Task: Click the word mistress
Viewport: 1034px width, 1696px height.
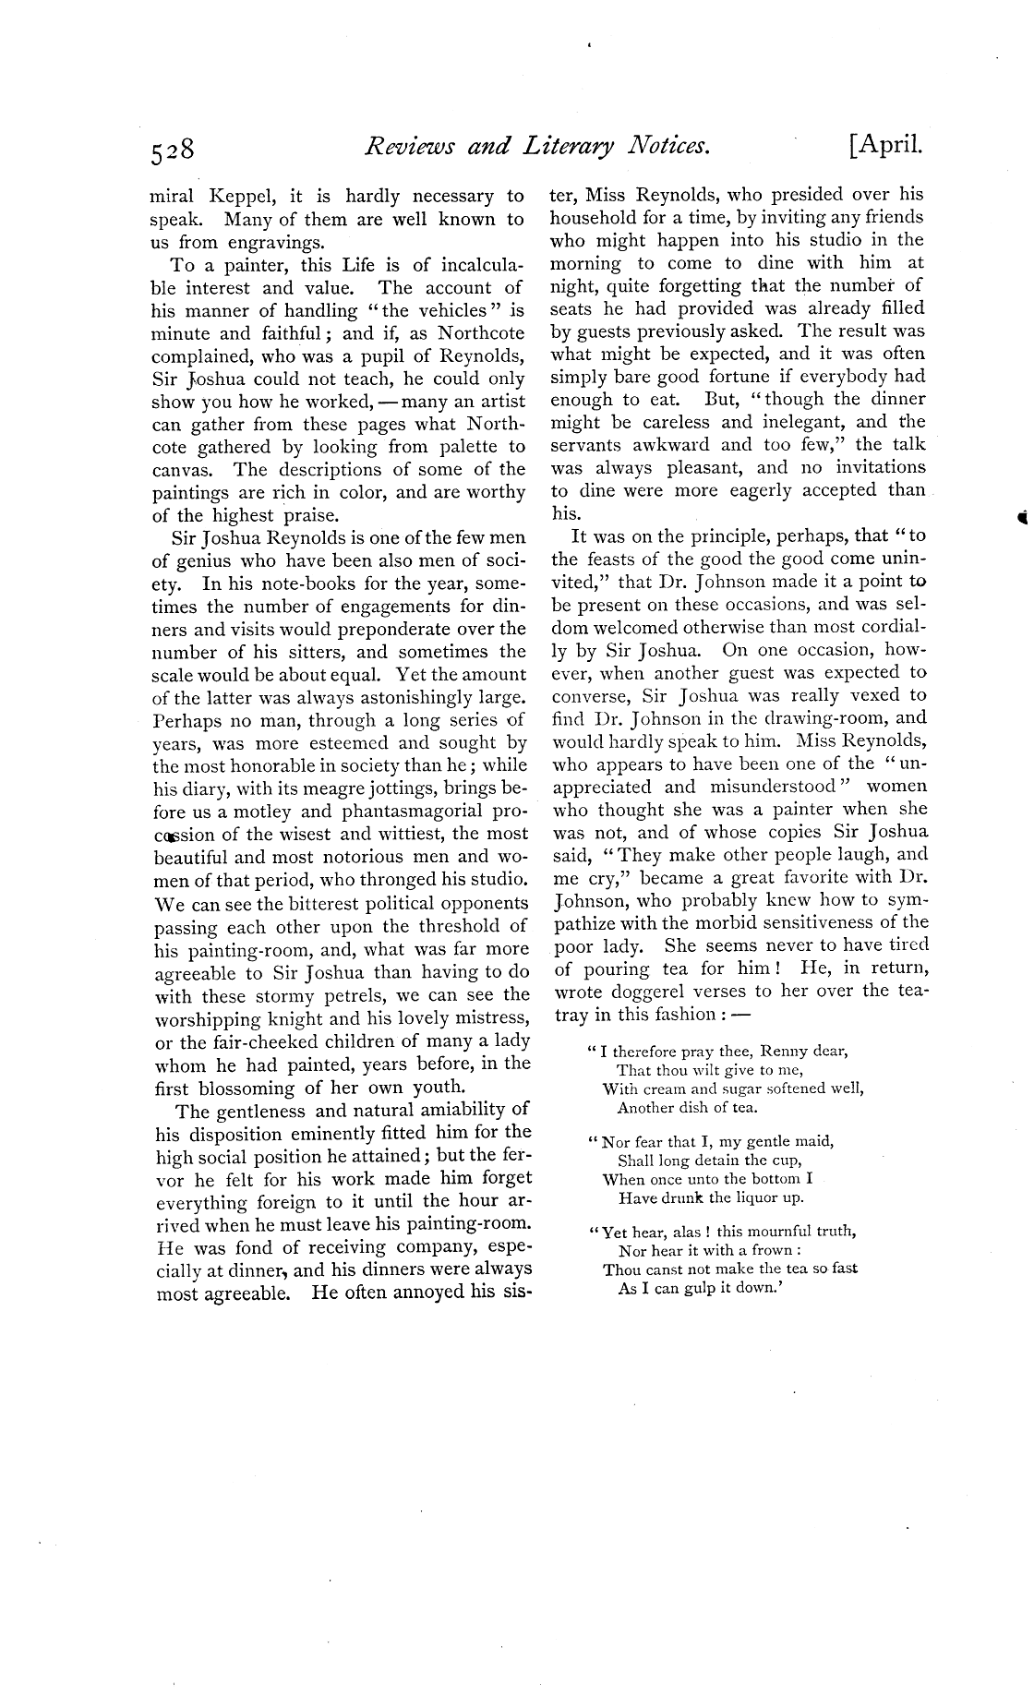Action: click(x=486, y=1017)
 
